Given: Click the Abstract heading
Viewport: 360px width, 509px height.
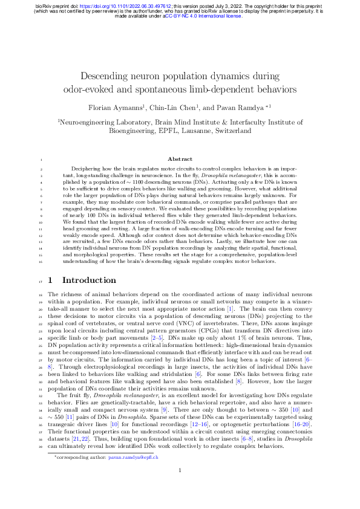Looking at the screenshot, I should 180,159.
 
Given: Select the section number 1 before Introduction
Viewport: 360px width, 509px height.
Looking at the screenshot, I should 50,280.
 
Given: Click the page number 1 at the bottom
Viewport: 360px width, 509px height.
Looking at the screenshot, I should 180,487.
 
